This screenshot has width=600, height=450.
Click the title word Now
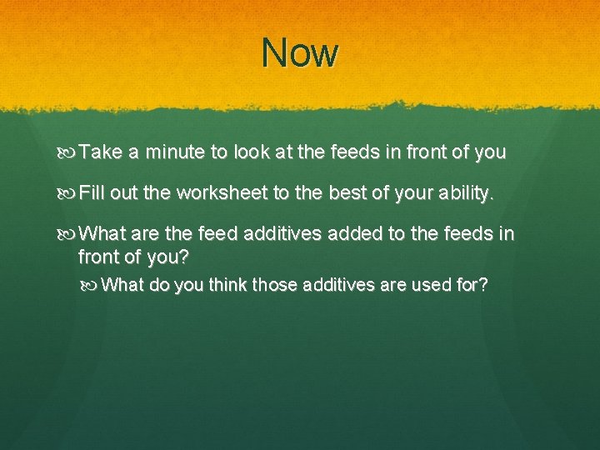point(300,53)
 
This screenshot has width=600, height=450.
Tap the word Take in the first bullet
point(101,152)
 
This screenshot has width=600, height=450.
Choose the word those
point(268,285)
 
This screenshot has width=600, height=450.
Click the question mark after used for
point(484,285)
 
